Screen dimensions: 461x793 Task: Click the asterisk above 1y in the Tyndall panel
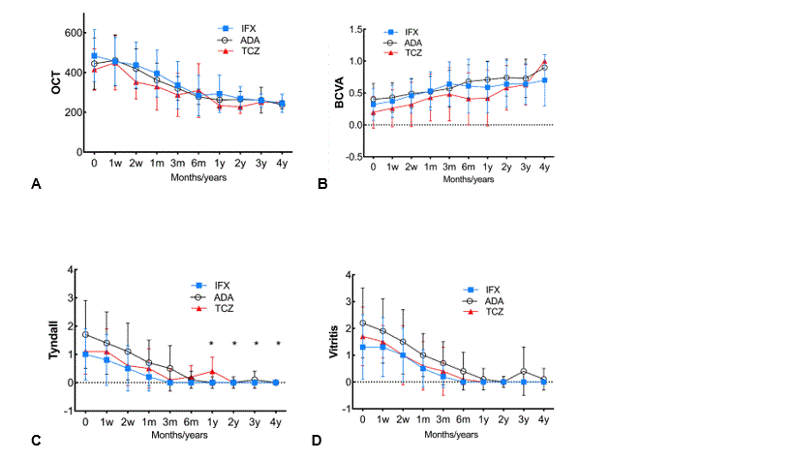pos(211,344)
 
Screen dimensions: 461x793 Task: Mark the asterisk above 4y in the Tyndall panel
pos(279,344)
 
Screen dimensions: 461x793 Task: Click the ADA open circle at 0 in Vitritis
pos(362,323)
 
